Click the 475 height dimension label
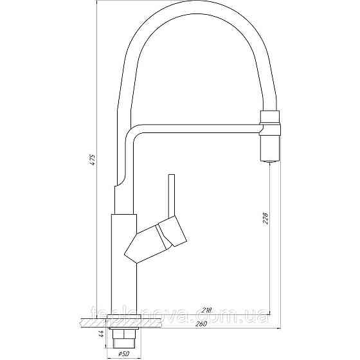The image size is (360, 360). point(93,161)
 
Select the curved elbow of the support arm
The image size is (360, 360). point(130,136)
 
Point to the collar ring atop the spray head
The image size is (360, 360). point(270,116)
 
